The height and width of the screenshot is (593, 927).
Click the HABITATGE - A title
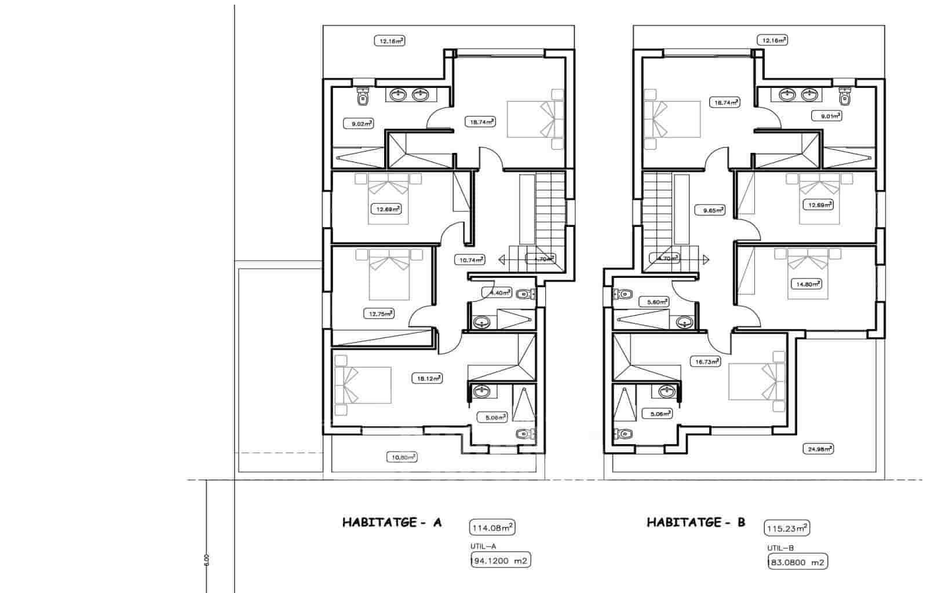pyautogui.click(x=392, y=522)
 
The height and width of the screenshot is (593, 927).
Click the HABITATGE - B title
pyautogui.click(x=696, y=522)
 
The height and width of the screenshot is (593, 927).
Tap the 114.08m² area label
pyautogui.click(x=491, y=528)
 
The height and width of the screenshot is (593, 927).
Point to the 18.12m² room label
pyautogui.click(x=427, y=379)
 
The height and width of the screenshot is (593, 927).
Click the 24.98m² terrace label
pyautogui.click(x=818, y=448)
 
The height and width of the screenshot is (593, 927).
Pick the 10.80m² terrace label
pyautogui.click(x=402, y=457)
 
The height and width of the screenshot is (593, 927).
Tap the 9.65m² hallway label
pyautogui.click(x=710, y=210)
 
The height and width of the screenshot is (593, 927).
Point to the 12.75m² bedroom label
pyautogui.click(x=379, y=313)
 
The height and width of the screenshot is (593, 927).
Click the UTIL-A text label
pyautogui.click(x=484, y=546)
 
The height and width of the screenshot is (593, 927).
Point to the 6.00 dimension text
pyautogui.click(x=206, y=560)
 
